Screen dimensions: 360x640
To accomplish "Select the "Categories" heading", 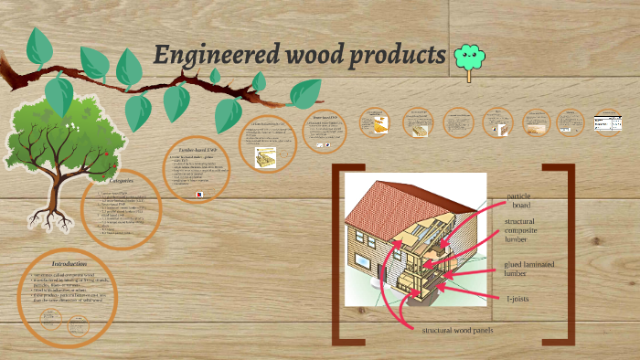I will [120, 181].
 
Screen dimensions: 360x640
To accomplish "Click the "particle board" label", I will [518, 200].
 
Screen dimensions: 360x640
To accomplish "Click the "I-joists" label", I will [517, 298].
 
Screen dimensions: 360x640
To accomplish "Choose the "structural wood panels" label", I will [456, 329].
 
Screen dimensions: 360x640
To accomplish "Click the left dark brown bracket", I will [339, 255].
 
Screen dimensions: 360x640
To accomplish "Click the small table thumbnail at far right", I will [608, 122].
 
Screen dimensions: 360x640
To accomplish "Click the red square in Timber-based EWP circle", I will [198, 194].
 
